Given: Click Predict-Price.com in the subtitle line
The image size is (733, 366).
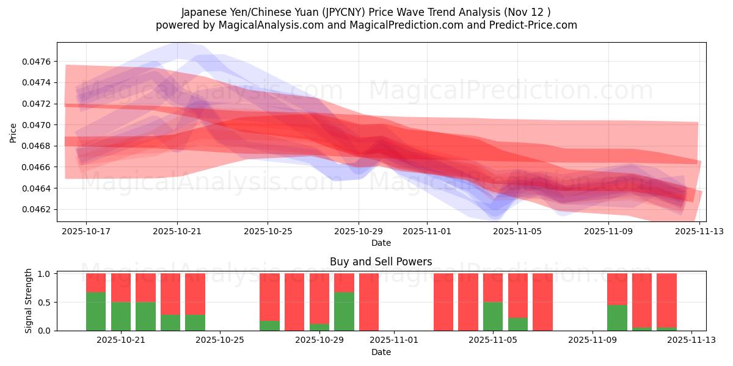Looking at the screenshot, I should point(529,25).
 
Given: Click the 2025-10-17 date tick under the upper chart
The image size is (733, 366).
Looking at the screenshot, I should point(86,232).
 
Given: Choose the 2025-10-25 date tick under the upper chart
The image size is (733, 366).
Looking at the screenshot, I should point(268,232).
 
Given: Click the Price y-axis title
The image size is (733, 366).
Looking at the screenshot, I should point(13,132).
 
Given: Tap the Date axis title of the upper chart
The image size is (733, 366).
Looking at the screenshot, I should point(381,243).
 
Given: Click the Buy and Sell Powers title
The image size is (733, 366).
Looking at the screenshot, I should point(381,262).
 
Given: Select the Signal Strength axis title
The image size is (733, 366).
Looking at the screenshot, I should point(29,301).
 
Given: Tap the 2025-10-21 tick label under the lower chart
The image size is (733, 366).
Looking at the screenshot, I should point(121,340).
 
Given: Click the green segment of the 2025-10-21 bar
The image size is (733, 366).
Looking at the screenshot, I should point(121,316).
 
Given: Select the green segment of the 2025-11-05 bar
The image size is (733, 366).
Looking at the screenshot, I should point(493,316).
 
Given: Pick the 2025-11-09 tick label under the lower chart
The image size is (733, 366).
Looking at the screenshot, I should point(593,340).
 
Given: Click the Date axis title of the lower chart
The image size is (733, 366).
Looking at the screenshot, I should point(381,352).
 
